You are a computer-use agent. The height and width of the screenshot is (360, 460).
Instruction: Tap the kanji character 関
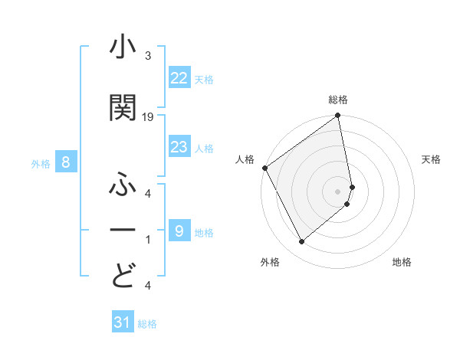123,107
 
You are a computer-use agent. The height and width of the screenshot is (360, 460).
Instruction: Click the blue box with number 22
179,77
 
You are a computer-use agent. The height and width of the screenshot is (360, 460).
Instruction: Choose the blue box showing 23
179,147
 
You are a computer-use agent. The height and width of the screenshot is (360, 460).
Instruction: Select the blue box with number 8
67,162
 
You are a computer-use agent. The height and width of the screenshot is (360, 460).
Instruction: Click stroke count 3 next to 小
147,57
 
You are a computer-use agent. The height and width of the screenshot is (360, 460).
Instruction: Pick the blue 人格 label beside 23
205,148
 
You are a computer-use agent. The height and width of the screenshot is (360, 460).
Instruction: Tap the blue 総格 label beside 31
147,324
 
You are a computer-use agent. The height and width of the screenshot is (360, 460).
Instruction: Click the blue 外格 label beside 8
41,163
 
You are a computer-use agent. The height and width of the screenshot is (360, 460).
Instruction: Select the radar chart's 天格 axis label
432,159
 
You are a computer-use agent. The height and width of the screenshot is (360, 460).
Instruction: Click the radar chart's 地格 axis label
402,263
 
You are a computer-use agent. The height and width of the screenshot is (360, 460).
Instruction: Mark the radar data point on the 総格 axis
337,116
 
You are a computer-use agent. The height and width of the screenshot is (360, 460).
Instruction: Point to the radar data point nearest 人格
264,168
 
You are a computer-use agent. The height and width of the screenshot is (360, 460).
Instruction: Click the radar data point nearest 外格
301,242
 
